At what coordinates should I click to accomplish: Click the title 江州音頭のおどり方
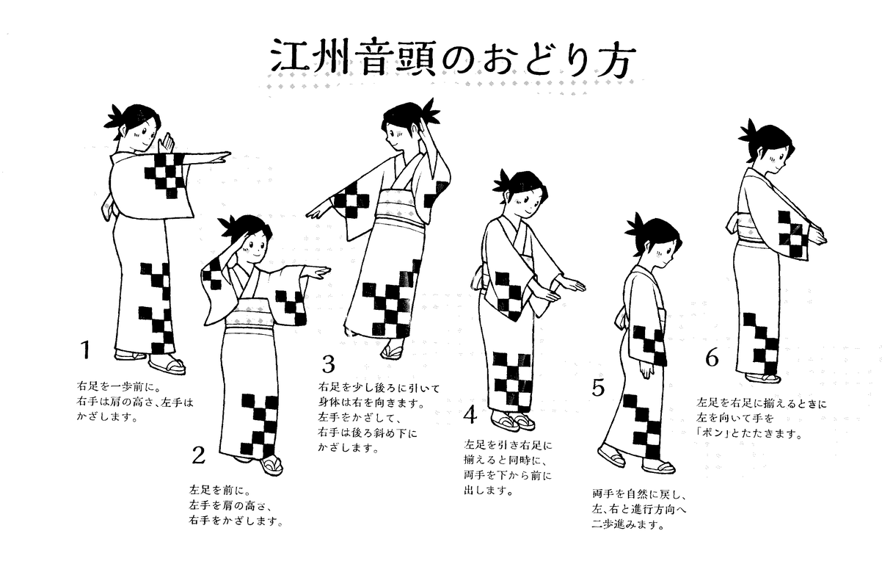coord(453,58)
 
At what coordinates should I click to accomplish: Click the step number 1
coord(85,350)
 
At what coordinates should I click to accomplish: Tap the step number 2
coord(198,455)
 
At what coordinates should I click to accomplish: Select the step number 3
coord(329,364)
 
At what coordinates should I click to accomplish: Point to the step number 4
coord(470,415)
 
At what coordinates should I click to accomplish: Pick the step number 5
coord(598,388)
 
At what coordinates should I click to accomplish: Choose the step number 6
coord(712,358)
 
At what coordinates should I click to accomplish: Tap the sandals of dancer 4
coord(513,421)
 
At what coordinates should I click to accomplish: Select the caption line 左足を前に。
coord(219,491)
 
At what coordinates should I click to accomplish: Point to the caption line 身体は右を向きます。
coord(371,404)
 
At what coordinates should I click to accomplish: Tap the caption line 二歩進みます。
coord(628,524)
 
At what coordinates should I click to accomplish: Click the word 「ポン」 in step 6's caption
coord(712,433)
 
